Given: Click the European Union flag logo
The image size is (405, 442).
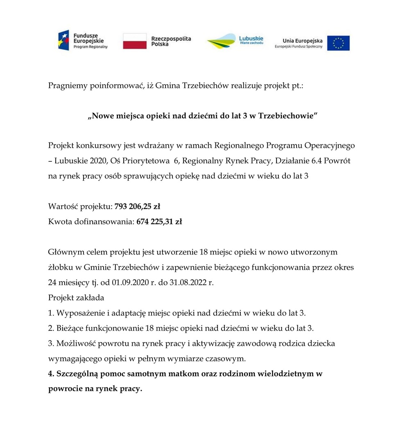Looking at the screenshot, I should coord(338,43).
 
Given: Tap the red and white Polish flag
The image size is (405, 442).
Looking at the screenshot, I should coord(135,41).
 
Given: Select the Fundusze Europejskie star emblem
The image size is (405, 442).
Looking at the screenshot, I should coord(63,41).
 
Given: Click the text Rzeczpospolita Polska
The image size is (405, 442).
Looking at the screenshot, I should coord(171,41).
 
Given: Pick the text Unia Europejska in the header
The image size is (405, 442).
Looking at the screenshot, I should coord(302,41).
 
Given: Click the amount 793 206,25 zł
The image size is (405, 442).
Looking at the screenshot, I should coord(137,206).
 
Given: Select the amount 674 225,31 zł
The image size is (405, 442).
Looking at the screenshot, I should coord(159,222).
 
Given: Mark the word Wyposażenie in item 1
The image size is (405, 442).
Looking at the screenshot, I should coord(79,313).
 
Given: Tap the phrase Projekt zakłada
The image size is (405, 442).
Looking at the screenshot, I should coord(76,298).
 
